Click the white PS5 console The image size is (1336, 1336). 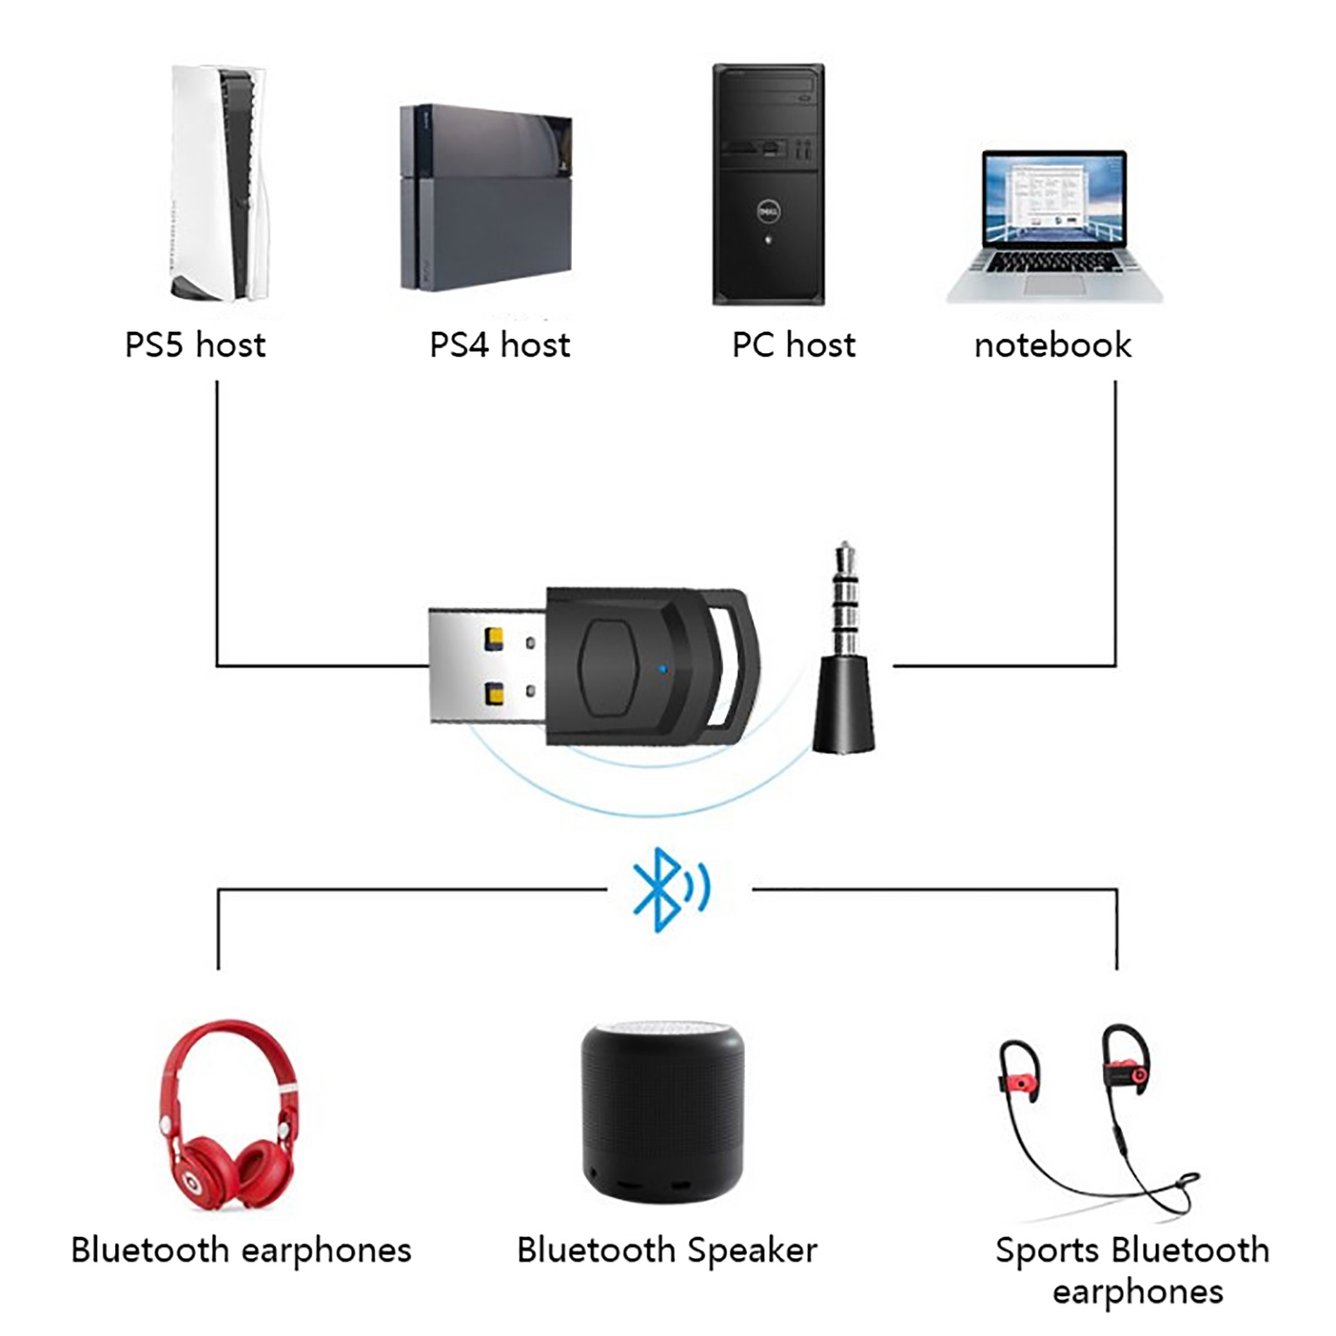click(219, 184)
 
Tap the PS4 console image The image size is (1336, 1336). click(486, 198)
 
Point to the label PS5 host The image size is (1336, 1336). click(195, 345)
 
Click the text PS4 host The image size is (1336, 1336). click(499, 345)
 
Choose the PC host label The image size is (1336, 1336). click(793, 345)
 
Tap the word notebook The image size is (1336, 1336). click(1052, 345)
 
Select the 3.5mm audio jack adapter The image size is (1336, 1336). click(844, 660)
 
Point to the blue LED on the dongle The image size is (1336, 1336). click(662, 668)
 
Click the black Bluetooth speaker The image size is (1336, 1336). click(662, 1111)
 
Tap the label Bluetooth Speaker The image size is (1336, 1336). click(666, 1250)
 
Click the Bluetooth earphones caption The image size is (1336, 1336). click(241, 1250)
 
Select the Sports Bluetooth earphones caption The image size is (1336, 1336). click(1133, 1270)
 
